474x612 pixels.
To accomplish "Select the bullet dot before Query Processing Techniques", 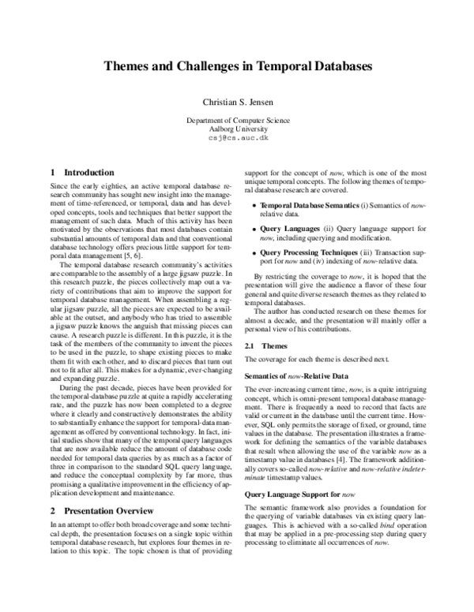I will [253, 252].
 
